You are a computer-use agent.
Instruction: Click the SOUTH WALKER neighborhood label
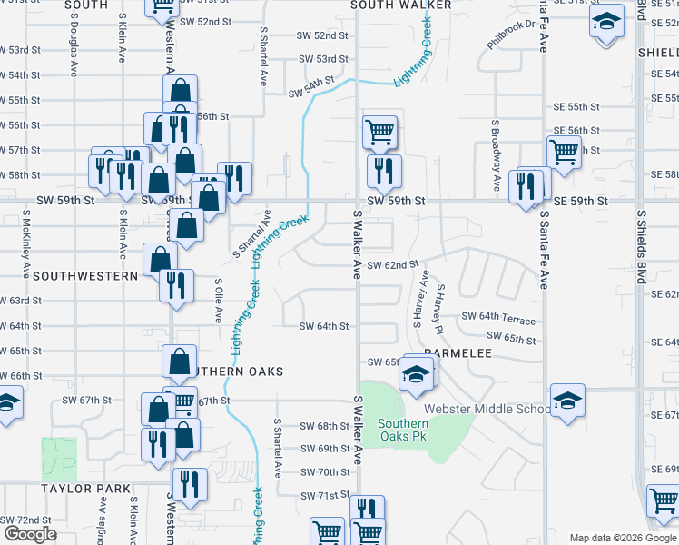pos(402,5)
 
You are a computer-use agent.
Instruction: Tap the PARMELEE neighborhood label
pos(458,352)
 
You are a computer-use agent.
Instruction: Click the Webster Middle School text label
pos(487,409)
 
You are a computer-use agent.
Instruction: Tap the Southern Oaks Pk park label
pos(403,431)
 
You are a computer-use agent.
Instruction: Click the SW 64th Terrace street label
pos(498,317)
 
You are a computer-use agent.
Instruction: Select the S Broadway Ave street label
pos(496,155)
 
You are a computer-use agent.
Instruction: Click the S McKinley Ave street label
pos(26,244)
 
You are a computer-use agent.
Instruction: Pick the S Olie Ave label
pos(218,301)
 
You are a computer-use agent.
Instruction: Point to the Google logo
pos(31,534)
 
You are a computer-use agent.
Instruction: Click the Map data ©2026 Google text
pos(623,538)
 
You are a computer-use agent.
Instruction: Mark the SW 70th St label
pos(326,472)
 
